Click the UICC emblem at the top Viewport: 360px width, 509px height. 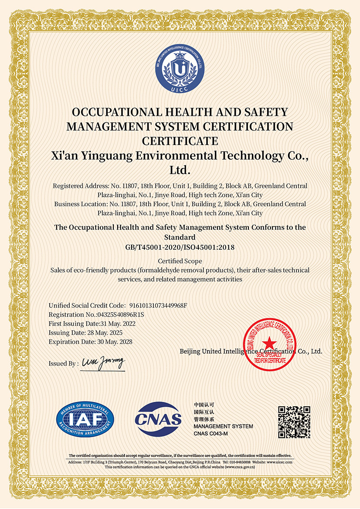180,69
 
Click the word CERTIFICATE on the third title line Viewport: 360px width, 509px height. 180,141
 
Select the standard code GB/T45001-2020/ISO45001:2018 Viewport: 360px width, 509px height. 180,247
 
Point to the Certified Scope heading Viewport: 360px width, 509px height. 180,261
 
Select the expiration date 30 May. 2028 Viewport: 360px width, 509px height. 115,342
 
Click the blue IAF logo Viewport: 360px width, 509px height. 85,418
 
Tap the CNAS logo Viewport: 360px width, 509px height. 158,419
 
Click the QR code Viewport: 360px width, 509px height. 294,421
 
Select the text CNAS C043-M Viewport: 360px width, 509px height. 211,434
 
